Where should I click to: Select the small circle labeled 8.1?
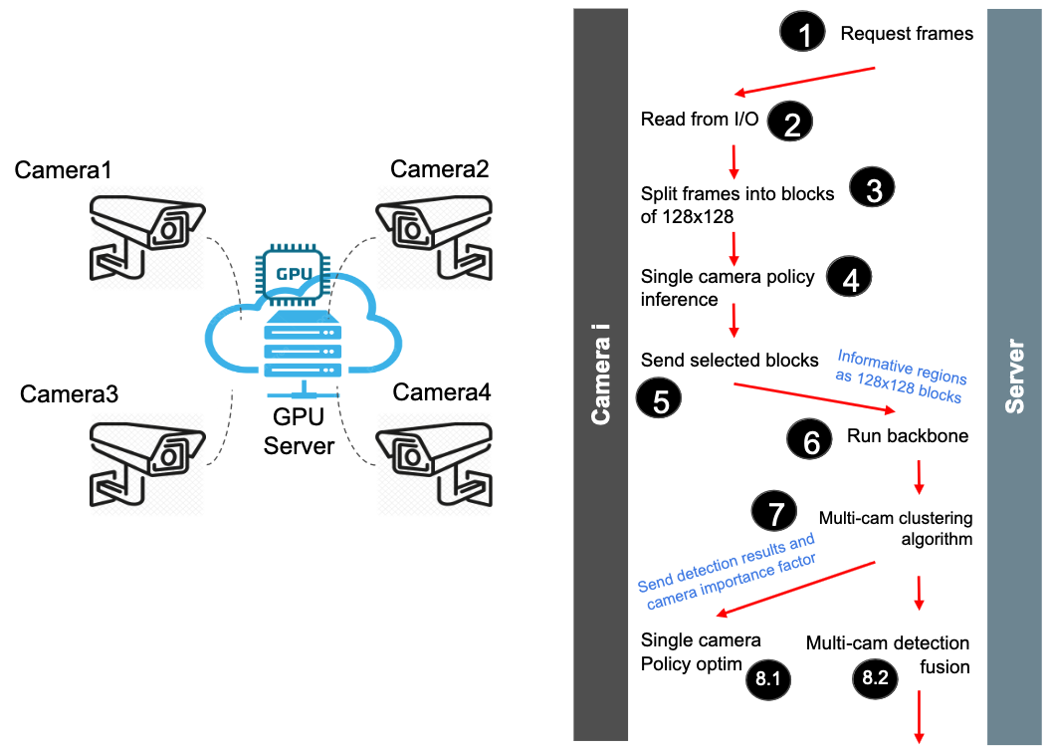coord(767,679)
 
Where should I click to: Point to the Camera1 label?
coord(63,170)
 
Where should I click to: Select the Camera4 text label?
coord(442,391)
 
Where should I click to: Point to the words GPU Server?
coord(299,431)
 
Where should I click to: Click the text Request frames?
coord(907,34)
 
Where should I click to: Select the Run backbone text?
coord(908,436)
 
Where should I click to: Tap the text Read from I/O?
coord(700,120)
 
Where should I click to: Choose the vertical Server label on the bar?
coord(1014,377)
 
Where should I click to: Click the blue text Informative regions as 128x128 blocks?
coord(901,376)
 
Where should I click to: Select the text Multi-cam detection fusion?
coord(888,654)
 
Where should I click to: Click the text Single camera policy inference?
coord(728,287)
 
